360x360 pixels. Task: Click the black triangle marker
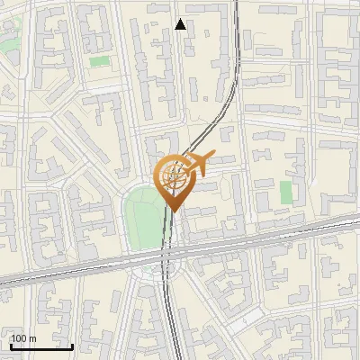coord(181,24)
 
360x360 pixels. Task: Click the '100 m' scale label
coord(23,338)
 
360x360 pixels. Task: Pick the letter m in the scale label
coord(32,338)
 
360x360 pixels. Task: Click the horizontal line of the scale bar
coord(41,346)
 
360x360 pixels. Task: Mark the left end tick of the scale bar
coord(11,345)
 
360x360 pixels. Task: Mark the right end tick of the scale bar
coord(73,345)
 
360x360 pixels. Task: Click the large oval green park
coord(142,220)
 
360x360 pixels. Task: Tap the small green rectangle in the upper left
coord(99,61)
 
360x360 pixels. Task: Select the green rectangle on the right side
coord(286,192)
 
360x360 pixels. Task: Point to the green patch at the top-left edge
coord(9,42)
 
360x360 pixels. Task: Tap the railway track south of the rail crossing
coord(168,315)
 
